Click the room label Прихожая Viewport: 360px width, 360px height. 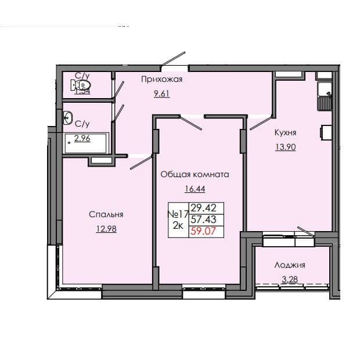(161, 80)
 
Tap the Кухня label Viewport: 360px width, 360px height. (286, 132)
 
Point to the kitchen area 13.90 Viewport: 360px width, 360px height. (286, 147)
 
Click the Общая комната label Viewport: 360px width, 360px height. (195, 174)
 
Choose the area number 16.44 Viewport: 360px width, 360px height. (195, 188)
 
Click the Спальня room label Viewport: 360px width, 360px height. (106, 215)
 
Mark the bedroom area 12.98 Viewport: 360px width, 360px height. (106, 228)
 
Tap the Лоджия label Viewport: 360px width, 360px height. (290, 265)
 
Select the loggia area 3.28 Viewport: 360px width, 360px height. (290, 279)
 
